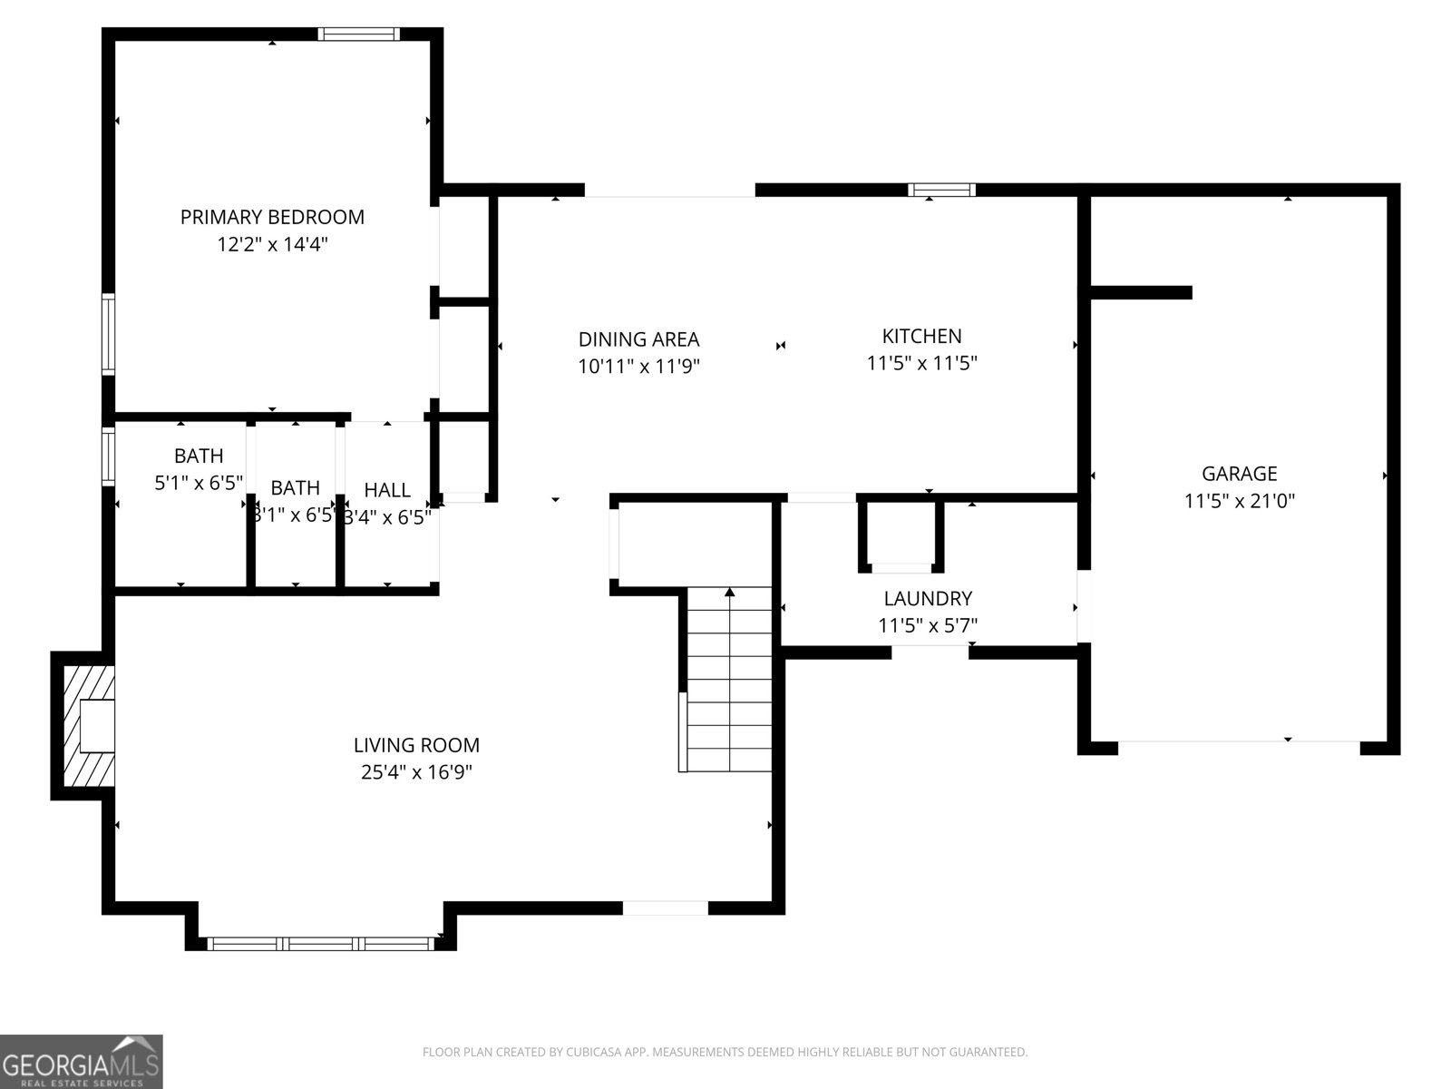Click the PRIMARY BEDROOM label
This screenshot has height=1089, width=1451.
coord(272,217)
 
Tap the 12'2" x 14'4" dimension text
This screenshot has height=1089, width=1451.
coord(272,244)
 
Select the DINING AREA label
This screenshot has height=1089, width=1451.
coord(638,339)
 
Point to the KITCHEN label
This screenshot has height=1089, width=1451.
coord(921,336)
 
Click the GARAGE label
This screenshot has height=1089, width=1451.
coord(1239,473)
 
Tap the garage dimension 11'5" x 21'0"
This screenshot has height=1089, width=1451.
coord(1239,500)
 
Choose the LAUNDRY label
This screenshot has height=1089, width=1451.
coord(927,598)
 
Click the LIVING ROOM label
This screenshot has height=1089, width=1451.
coord(416,745)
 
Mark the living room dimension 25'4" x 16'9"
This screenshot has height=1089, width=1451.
coord(416,772)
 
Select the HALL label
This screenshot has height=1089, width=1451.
coord(387,490)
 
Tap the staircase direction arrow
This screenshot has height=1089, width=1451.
coord(729,594)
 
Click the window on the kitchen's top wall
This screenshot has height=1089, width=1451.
coord(942,190)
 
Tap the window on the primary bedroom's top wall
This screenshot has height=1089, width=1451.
coord(358,34)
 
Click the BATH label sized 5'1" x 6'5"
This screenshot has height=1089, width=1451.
coord(199,456)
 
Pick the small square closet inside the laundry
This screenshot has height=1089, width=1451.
coord(901,535)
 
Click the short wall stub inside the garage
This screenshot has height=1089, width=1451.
coord(1140,292)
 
